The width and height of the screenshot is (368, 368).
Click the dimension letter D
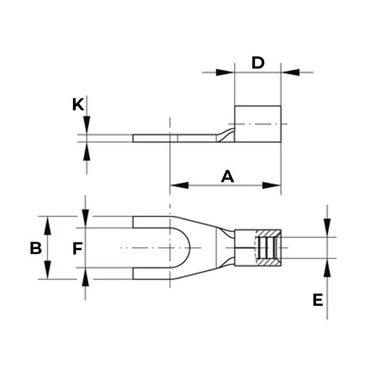tap(258, 63)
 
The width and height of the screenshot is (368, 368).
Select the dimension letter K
tap(78, 105)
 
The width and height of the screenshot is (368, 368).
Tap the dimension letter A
tap(228, 177)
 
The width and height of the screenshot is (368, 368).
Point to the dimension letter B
tap(36, 248)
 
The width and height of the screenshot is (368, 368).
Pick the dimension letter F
tap(78, 248)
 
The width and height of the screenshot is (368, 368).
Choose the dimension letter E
tap(317, 300)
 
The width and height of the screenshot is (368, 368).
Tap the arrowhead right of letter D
tap(291, 72)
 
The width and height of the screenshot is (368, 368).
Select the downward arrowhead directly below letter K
tap(86, 126)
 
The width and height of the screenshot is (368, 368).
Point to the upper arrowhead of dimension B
tap(48, 225)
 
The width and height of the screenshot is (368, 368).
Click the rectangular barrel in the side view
tap(258, 124)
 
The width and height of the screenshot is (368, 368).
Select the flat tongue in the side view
tap(172, 139)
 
